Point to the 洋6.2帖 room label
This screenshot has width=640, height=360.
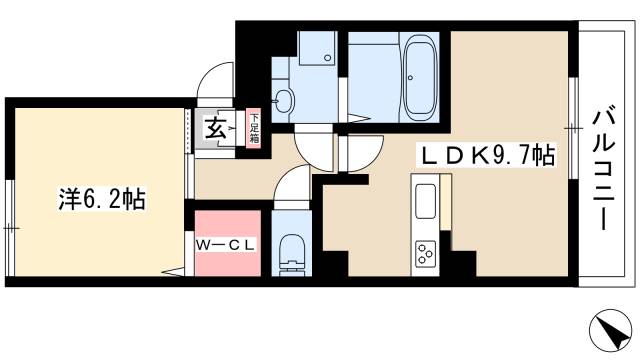tap(99, 199)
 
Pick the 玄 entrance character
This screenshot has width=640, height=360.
tap(214, 128)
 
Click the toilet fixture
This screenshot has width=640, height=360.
tap(292, 252)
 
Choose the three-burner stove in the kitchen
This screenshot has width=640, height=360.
tap(425, 254)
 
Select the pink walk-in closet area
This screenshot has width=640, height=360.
tap(228, 243)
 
